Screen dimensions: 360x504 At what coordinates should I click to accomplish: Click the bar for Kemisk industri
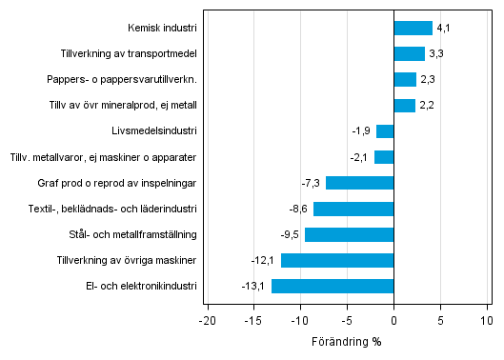pos(413,29)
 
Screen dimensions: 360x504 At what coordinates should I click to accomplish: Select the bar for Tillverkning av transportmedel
pos(409,54)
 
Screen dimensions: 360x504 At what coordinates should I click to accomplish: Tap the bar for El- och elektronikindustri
pos(333,286)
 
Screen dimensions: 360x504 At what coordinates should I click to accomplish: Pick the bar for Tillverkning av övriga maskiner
pos(337,260)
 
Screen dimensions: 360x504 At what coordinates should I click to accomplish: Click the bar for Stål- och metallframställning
pos(349,234)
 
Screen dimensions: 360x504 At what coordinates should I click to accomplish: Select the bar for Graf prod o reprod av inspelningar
pos(359,183)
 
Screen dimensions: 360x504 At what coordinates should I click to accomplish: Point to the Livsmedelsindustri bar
pos(385,131)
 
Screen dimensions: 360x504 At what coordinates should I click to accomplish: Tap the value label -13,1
pos(253,286)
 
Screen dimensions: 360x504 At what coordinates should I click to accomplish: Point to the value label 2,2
pos(425,106)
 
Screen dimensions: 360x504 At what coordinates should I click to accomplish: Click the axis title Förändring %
pos(347,341)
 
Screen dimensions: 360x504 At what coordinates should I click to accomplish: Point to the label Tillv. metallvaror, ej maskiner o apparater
pos(103,157)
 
